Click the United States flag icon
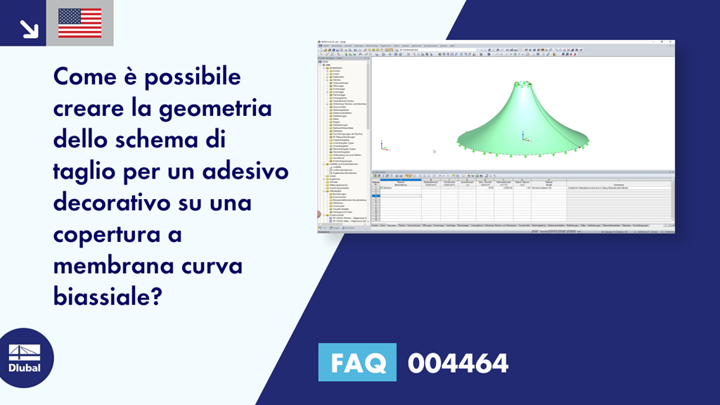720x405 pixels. click(x=79, y=22)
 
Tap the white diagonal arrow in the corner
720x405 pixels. click(x=28, y=27)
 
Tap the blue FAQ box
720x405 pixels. click(x=357, y=363)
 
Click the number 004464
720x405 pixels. click(x=457, y=363)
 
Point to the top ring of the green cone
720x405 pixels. click(x=525, y=85)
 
